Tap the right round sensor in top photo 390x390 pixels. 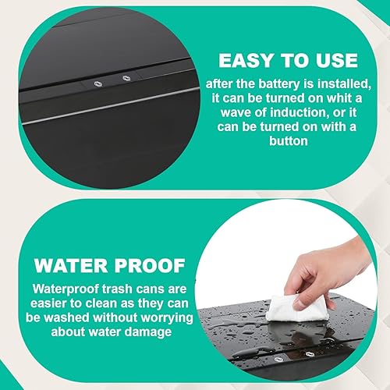[x=125, y=78]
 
